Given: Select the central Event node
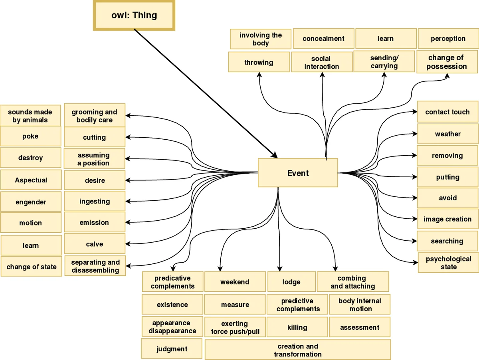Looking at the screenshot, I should pos(298,173).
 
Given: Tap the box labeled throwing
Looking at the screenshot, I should pos(259,62).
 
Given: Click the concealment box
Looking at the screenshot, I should pos(323,39).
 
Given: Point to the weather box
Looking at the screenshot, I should pos(447,134).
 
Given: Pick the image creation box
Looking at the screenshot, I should pos(447,219).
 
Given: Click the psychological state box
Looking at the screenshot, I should pos(448,263).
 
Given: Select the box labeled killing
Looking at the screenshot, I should pos(297,327).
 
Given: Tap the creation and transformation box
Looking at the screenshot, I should pos(297,350).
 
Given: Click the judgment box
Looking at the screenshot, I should pos(172,349).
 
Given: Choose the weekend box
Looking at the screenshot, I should pos(235,282).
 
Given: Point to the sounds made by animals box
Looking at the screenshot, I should pos(30,116).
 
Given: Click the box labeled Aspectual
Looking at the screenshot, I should pos(31,180).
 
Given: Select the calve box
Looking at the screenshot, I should pos(94,244).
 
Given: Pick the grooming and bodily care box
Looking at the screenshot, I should pos(94,116).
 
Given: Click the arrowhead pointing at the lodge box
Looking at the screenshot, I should pos(279,269).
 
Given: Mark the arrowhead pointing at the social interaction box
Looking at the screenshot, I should pos(322,75).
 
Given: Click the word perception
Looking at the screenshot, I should pos(448,39).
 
